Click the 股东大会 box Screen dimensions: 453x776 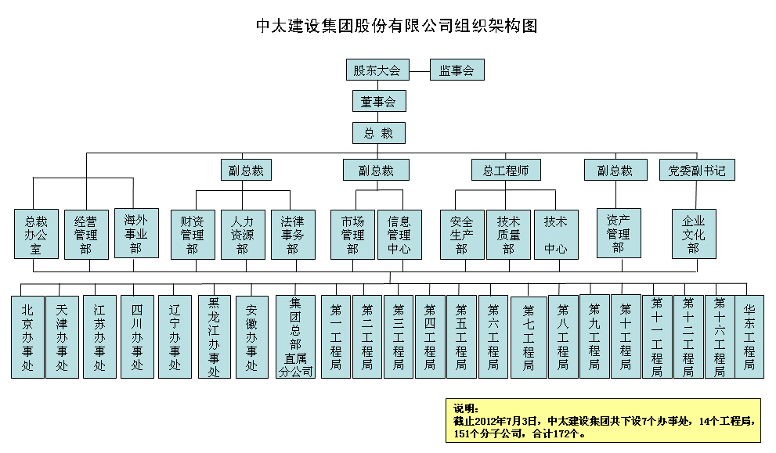[377, 70]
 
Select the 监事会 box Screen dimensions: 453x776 [457, 70]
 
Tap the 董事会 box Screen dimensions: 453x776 [378, 102]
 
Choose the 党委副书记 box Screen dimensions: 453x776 [696, 170]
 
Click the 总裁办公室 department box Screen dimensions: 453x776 [36, 234]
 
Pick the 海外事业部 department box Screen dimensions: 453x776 [135, 234]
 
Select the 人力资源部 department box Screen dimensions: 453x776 [242, 234]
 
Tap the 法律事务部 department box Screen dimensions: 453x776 [292, 234]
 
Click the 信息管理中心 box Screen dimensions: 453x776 [399, 234]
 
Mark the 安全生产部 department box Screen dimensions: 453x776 [461, 234]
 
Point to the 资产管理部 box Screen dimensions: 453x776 [618, 232]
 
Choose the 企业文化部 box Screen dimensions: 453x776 [693, 234]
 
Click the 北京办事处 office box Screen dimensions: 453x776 [27, 337]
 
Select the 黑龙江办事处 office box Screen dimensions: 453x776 [214, 337]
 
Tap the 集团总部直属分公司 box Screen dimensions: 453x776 [295, 337]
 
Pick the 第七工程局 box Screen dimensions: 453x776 [529, 337]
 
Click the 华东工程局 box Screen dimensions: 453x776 [749, 337]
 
